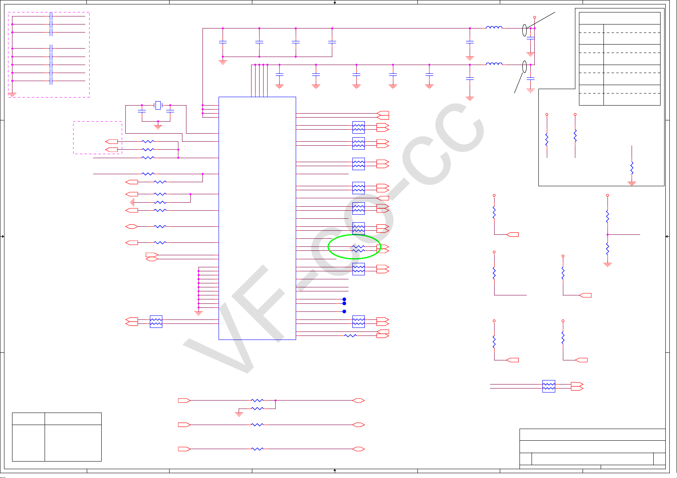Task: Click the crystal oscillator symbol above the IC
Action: [x=158, y=105]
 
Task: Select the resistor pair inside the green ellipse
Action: [x=358, y=248]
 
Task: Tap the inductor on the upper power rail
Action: [x=494, y=28]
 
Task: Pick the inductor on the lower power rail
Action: [x=494, y=64]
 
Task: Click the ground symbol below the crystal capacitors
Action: [x=158, y=126]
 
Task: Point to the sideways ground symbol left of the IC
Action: [x=132, y=202]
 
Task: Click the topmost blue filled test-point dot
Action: [x=344, y=299]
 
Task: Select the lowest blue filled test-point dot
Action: [x=344, y=311]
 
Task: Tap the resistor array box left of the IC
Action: [x=156, y=321]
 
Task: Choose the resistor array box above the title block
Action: [x=548, y=386]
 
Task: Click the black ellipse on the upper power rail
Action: [x=524, y=30]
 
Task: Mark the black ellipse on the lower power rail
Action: [x=524, y=67]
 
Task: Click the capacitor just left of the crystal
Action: [x=141, y=110]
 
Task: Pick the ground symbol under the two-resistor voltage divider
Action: [x=607, y=264]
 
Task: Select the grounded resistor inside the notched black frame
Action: [x=632, y=167]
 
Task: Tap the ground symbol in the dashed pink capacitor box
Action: [x=12, y=95]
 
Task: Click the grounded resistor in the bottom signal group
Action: [x=257, y=409]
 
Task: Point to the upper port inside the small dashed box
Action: [x=111, y=141]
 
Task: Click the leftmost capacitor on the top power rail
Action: [x=223, y=42]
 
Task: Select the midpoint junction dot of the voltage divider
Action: [x=607, y=234]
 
